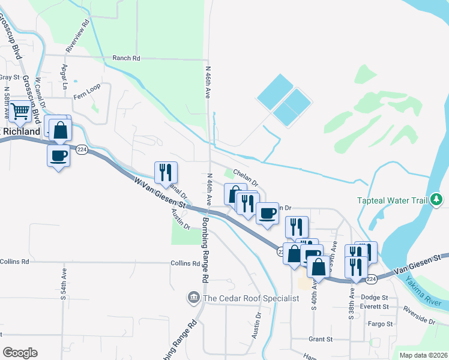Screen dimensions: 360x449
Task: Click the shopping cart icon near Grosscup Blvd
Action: click(21, 112)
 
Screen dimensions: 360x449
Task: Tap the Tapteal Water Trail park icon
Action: click(438, 199)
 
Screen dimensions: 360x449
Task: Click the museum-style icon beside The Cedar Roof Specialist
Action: click(194, 297)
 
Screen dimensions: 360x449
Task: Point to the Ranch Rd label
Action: click(126, 58)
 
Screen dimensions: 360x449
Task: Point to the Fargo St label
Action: click(381, 324)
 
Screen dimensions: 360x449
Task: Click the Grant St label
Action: click(321, 339)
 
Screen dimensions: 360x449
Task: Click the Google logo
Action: click(20, 353)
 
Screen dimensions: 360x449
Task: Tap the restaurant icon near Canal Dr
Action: click(164, 173)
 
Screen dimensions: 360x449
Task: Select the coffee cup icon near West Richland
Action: click(58, 155)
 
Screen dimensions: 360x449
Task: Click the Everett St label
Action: click(376, 307)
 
